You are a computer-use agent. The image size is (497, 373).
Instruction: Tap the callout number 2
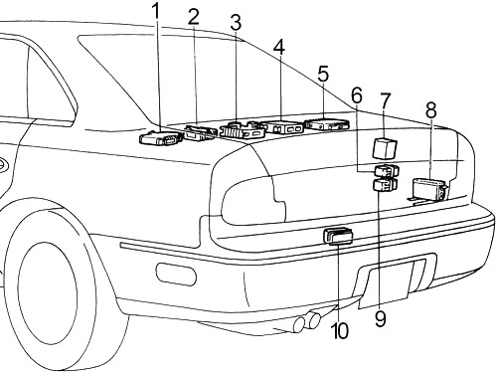click(x=194, y=17)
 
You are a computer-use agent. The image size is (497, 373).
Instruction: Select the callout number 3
click(x=236, y=23)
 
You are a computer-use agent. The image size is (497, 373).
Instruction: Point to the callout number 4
click(x=279, y=47)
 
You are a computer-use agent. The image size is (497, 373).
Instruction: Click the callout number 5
click(x=323, y=74)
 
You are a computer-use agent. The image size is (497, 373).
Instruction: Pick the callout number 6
click(x=357, y=95)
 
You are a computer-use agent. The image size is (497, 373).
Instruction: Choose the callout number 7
click(x=385, y=100)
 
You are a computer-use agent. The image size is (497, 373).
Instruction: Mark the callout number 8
click(x=430, y=110)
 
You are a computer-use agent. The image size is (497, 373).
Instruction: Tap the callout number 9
click(x=381, y=318)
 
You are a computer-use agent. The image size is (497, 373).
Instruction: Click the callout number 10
click(x=340, y=330)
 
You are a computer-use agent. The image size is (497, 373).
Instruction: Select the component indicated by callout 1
click(x=161, y=137)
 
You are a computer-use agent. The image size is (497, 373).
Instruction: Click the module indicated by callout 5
click(x=327, y=123)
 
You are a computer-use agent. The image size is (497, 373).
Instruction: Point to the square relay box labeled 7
click(x=385, y=148)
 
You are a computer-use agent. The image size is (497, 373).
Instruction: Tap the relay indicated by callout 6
click(x=387, y=170)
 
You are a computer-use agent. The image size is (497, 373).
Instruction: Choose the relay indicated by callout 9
click(x=385, y=185)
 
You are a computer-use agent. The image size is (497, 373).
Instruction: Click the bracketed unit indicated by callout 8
click(x=428, y=191)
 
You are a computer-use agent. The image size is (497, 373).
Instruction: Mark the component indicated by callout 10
click(x=338, y=236)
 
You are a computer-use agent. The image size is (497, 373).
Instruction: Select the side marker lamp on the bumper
click(x=176, y=274)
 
